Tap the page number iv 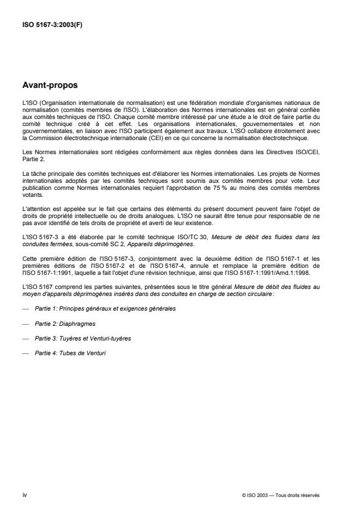click(x=24, y=494)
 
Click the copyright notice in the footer click(x=281, y=495)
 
